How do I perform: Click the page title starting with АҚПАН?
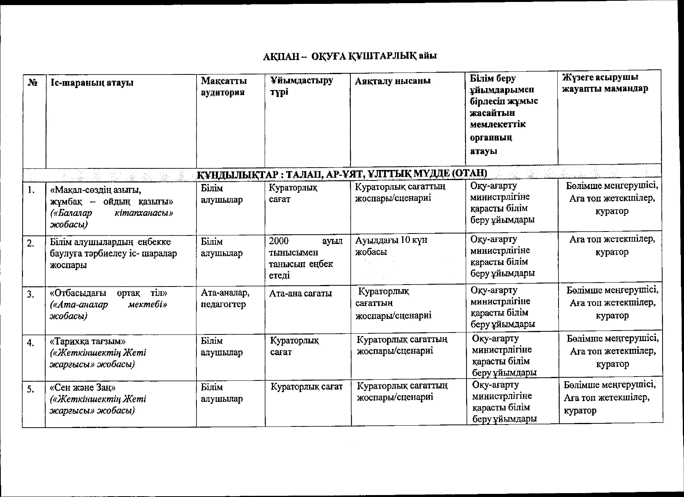click(x=350, y=56)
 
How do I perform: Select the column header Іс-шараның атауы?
click(x=92, y=83)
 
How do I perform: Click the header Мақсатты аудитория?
click(x=224, y=86)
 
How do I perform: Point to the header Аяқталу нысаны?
click(x=392, y=81)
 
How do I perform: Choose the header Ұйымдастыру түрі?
click(x=301, y=86)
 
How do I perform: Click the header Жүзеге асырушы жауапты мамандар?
click(x=605, y=83)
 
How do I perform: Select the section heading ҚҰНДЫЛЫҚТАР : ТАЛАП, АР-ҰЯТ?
click(x=342, y=173)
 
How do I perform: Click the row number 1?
click(x=32, y=190)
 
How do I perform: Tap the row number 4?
click(x=31, y=343)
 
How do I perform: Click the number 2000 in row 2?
click(x=279, y=241)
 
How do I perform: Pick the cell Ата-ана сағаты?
click(x=300, y=293)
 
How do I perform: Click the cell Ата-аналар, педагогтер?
click(x=225, y=298)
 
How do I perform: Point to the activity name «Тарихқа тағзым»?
click(x=88, y=341)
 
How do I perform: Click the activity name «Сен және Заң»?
click(x=83, y=388)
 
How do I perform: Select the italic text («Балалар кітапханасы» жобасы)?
click(x=111, y=219)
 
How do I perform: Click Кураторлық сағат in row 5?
click(x=306, y=387)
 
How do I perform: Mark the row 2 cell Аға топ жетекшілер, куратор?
click(x=612, y=245)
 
